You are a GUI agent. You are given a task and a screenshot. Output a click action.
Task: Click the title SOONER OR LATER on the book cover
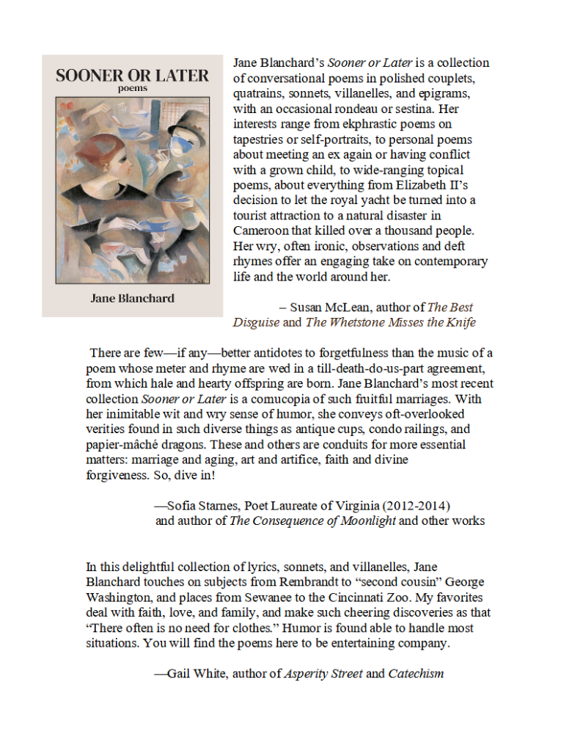[x=132, y=75]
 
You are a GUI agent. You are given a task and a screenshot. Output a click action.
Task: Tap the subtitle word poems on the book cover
[x=132, y=89]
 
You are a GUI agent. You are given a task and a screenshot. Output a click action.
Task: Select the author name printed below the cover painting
[x=132, y=299]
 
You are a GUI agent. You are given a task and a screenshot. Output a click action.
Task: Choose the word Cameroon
[x=260, y=231]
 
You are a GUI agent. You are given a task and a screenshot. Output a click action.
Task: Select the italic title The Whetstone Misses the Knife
[x=390, y=322]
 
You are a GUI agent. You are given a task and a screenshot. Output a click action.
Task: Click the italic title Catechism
[x=416, y=673]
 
